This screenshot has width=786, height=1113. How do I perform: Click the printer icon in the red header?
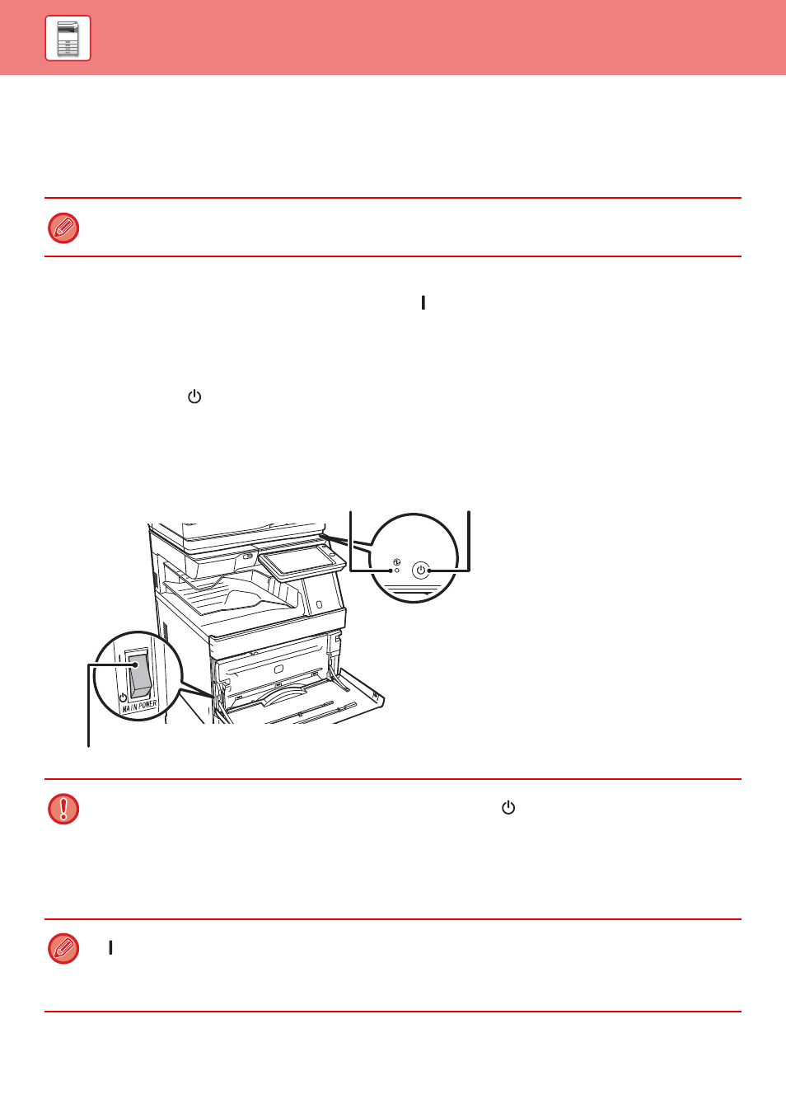68,38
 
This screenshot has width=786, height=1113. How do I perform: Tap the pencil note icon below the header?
63,228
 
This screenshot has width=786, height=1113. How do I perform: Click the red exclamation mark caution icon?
63,809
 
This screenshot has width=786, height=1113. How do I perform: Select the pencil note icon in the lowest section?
63,949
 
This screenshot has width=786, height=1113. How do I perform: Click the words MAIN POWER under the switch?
139,706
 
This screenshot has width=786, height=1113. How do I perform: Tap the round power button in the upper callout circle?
420,571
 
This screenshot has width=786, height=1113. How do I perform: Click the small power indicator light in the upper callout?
397,571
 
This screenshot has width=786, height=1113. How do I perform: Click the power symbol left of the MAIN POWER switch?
123,697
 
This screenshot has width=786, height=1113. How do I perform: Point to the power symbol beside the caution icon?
508,808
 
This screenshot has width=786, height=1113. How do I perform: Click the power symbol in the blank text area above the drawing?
194,397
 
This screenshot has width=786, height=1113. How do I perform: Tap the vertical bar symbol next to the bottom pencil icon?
110,948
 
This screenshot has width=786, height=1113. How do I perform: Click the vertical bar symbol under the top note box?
423,303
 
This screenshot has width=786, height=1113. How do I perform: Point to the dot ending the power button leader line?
429,571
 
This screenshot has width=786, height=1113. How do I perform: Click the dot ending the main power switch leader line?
135,665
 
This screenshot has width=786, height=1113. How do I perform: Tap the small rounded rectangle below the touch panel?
320,604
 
